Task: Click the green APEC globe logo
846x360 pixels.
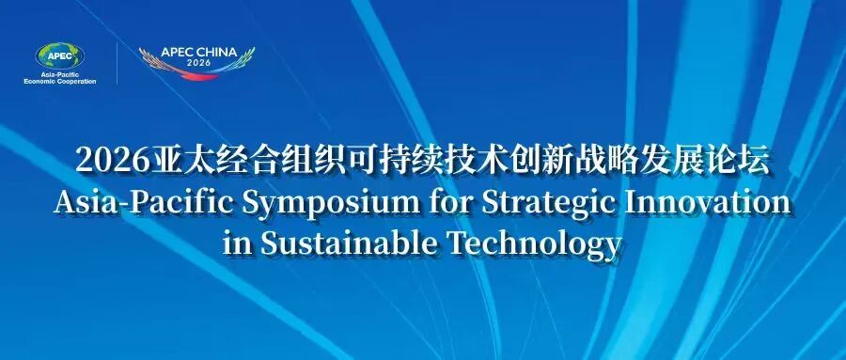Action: tap(59, 55)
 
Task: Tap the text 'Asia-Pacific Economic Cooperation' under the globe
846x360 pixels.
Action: tap(60, 78)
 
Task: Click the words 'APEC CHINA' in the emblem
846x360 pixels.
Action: tap(198, 53)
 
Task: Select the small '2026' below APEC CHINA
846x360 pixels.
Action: tap(199, 63)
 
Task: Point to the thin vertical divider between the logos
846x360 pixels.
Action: tap(117, 64)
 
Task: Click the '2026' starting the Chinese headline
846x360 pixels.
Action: tap(112, 161)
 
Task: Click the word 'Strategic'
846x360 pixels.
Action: tap(549, 205)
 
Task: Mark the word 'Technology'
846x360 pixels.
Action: tap(534, 244)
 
